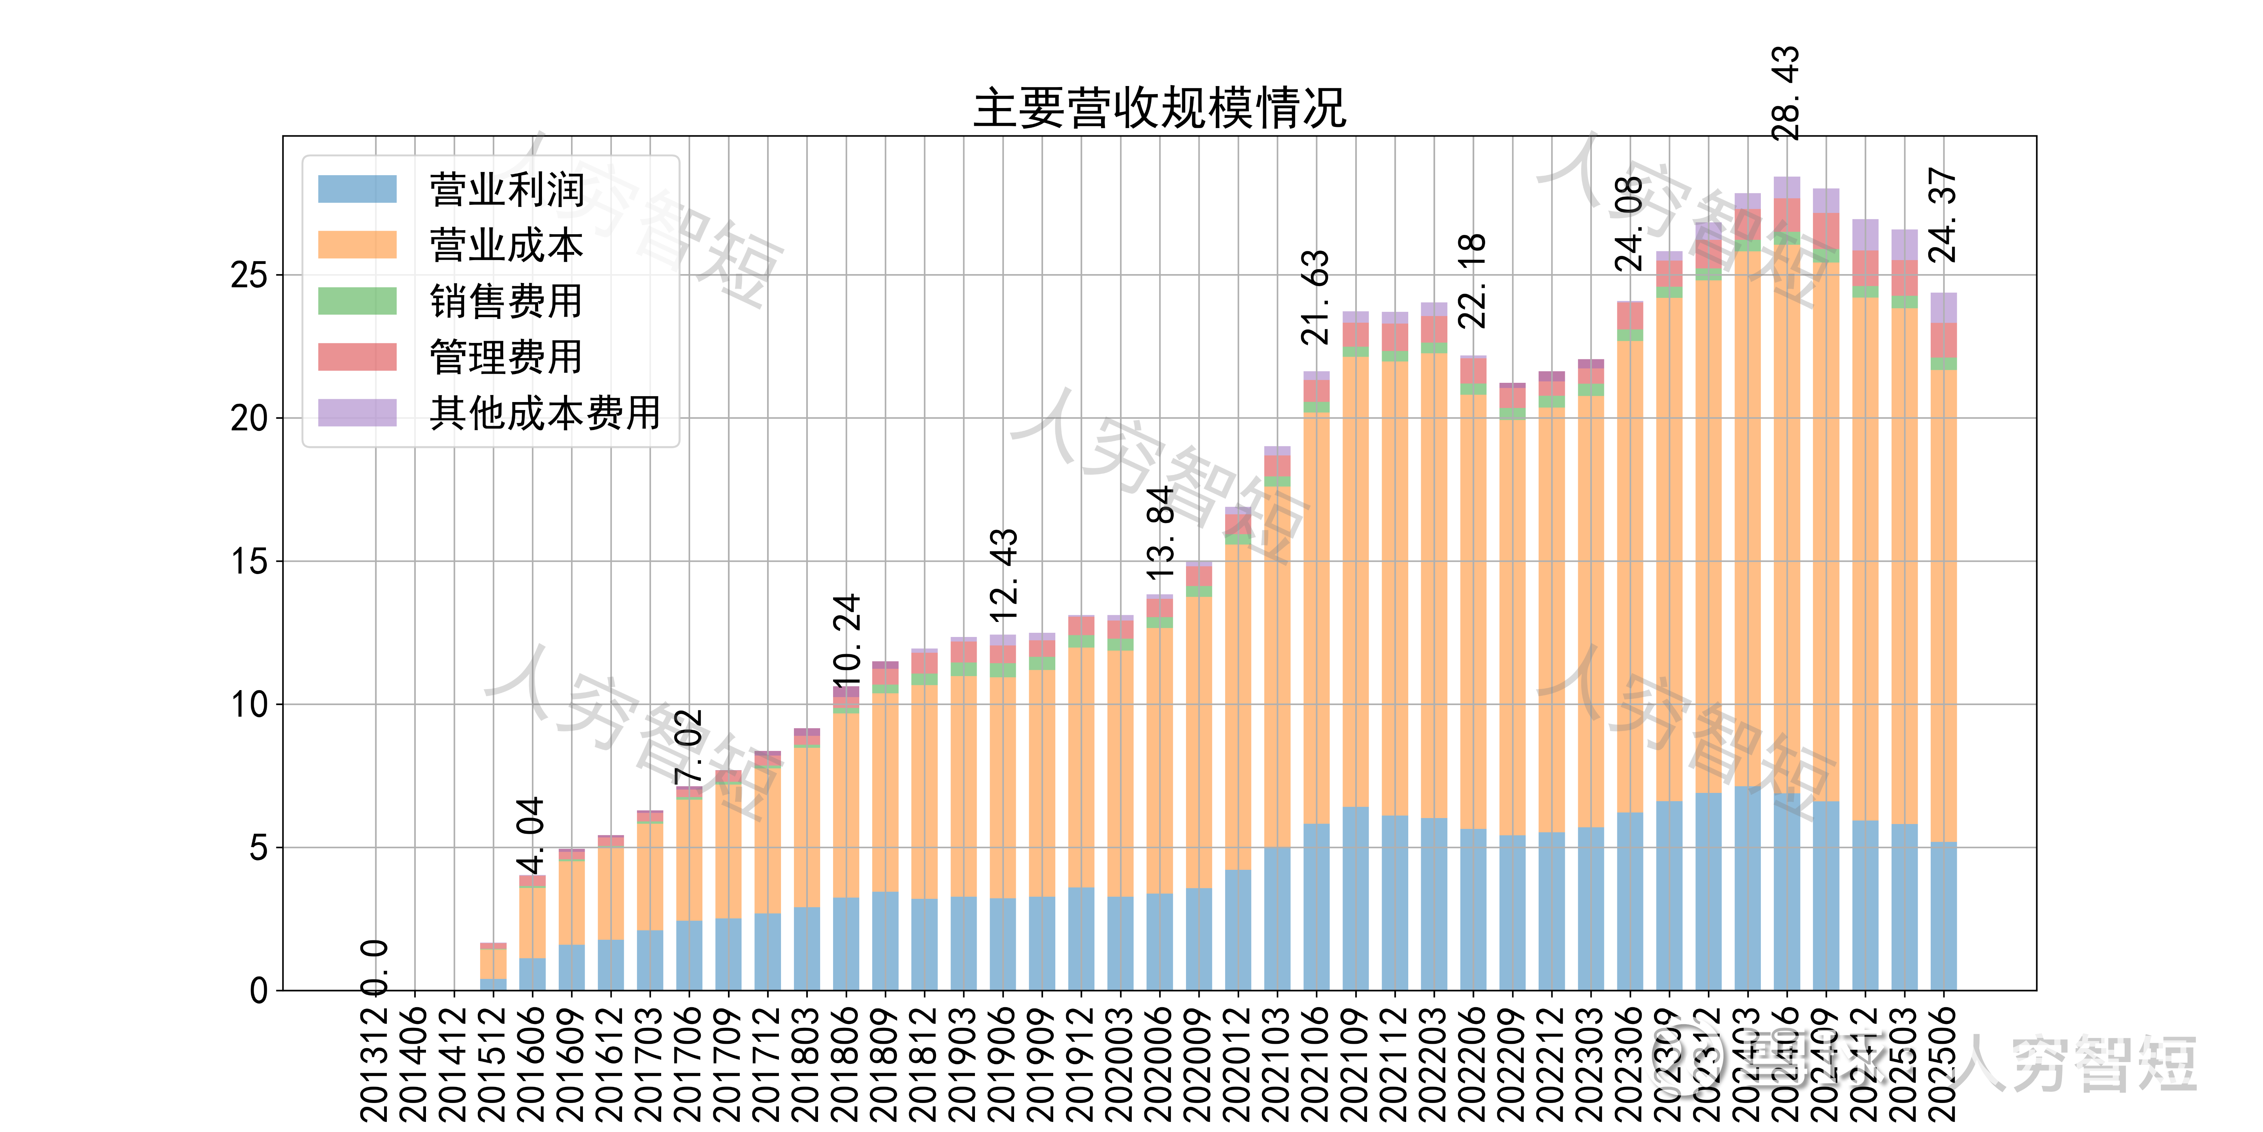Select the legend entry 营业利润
point(506,189)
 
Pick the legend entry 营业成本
point(506,245)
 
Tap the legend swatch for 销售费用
point(357,301)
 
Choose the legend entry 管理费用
point(506,357)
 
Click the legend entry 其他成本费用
point(545,413)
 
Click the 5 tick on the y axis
point(258,848)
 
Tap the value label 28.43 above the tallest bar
point(1786,93)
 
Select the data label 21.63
point(1315,297)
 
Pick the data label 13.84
point(1159,532)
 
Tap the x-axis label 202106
point(1315,1063)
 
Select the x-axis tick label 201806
point(845,1063)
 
